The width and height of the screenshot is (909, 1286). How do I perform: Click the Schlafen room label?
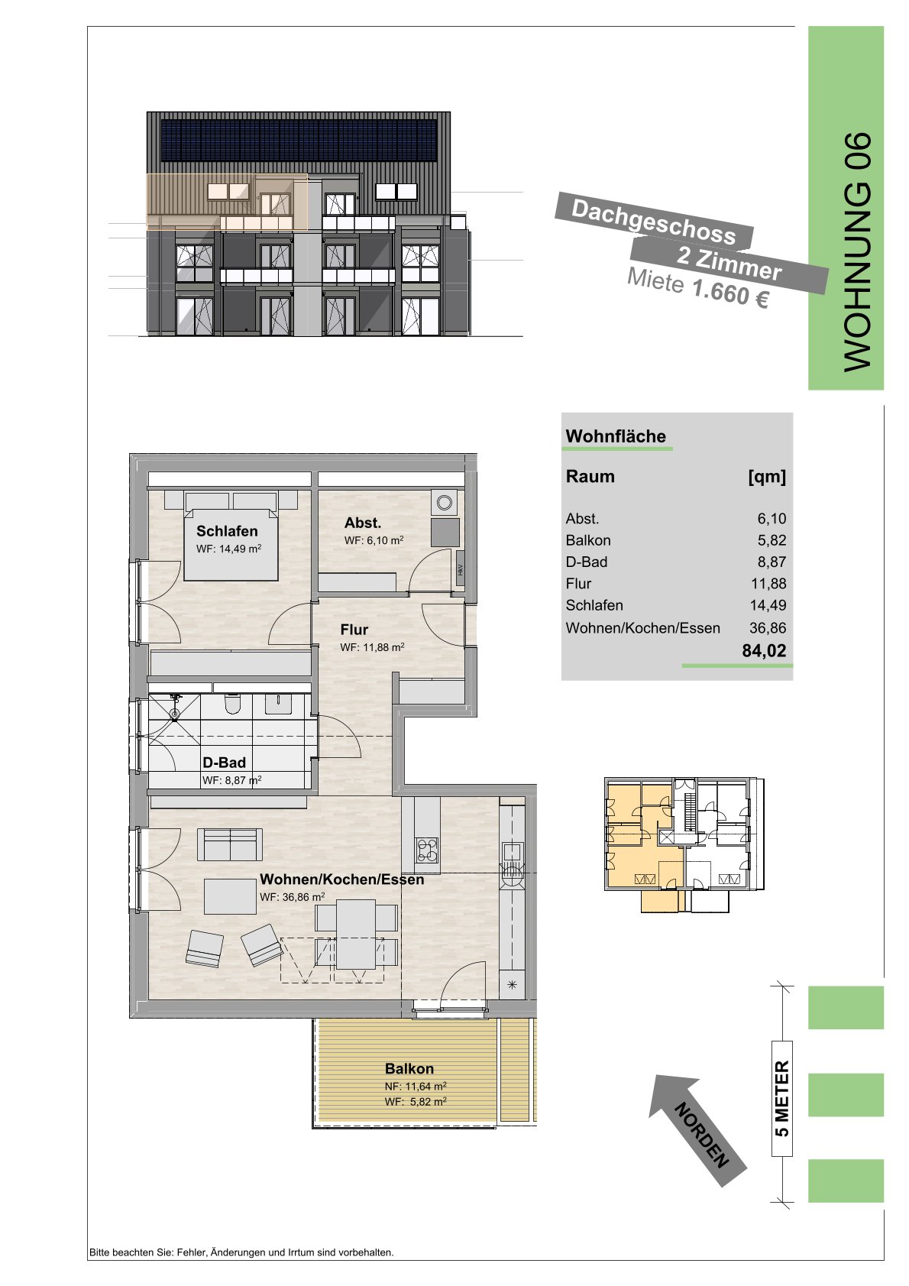227,531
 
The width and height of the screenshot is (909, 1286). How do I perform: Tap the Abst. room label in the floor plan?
362,523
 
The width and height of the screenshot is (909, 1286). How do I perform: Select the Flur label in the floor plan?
354,630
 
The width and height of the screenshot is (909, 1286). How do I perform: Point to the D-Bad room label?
224,763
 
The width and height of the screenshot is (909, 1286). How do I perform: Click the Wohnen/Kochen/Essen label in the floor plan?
341,879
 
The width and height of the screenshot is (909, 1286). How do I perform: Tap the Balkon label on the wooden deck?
409,1068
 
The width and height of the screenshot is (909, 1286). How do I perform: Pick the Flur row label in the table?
578,584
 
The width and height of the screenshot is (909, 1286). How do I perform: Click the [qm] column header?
767,477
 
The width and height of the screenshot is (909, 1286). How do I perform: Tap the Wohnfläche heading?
616,436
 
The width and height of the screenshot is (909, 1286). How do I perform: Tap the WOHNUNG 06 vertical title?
857,252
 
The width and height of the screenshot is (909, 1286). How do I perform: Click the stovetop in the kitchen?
428,851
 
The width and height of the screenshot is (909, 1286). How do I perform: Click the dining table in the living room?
356,934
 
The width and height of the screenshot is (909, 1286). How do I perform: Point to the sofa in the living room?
230,844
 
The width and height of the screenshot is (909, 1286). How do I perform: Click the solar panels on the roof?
299,141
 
